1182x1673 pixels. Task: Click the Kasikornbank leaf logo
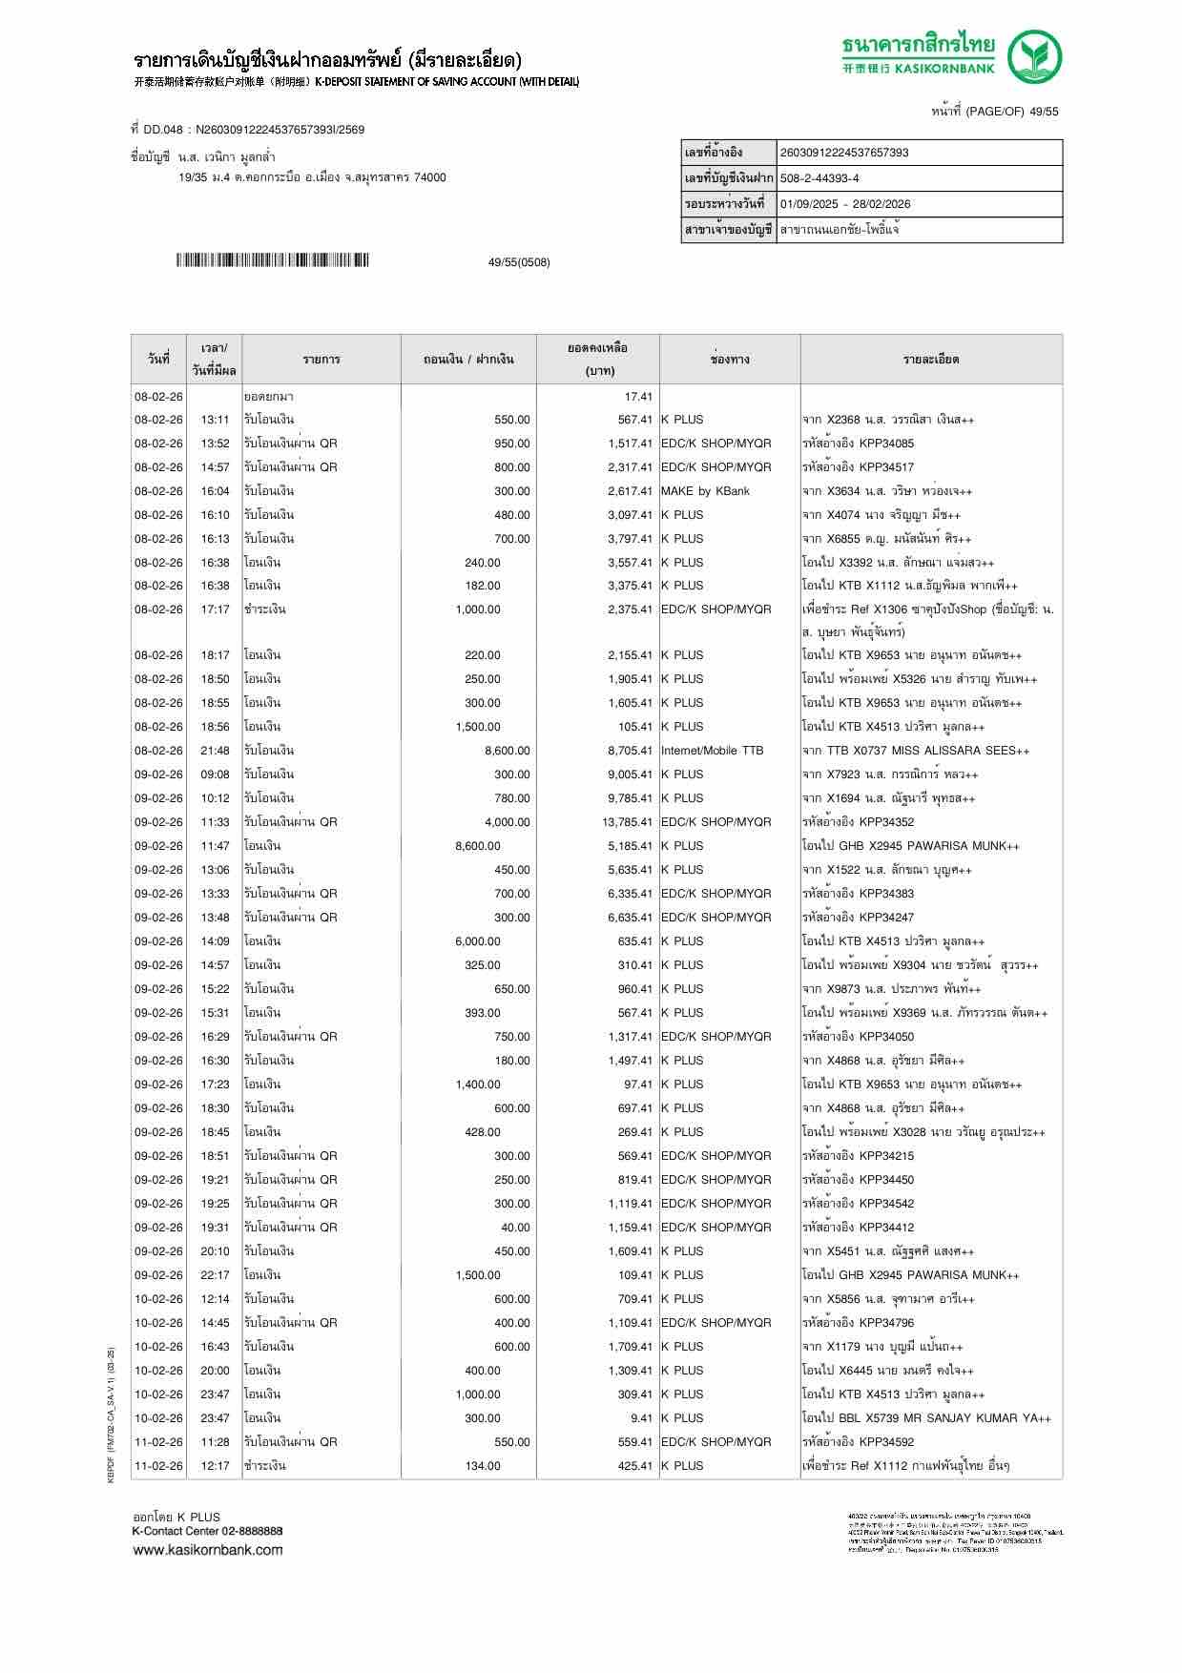[x=1036, y=57]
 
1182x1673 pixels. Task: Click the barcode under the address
[x=272, y=260]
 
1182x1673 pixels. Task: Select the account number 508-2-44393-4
[x=819, y=178]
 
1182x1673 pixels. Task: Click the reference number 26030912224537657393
[x=844, y=153]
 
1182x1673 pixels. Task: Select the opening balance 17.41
[x=638, y=397]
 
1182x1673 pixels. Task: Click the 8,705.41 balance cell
[x=630, y=751]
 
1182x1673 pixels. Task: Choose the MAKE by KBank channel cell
[x=705, y=491]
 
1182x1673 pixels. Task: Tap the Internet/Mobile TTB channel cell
[x=712, y=751]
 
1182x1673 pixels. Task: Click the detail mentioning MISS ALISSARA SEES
[x=916, y=751]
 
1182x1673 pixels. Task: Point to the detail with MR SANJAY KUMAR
[x=926, y=1418]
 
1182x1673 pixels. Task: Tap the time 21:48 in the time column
[x=215, y=751]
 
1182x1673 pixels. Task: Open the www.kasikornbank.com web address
[x=208, y=1550]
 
